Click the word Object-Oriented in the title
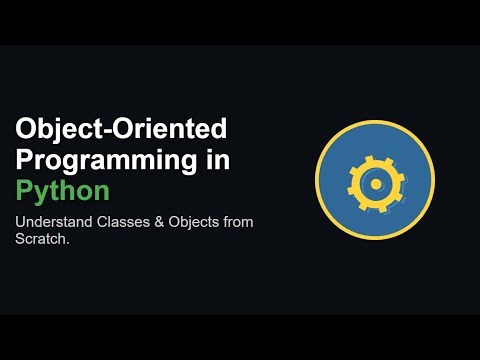point(122,129)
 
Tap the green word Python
point(62,191)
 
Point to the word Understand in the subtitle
point(50,221)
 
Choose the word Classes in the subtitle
point(120,221)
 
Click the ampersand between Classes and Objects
point(154,221)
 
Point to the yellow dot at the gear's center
point(375,183)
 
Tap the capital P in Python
point(24,190)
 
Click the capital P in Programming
point(25,159)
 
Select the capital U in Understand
point(20,221)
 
